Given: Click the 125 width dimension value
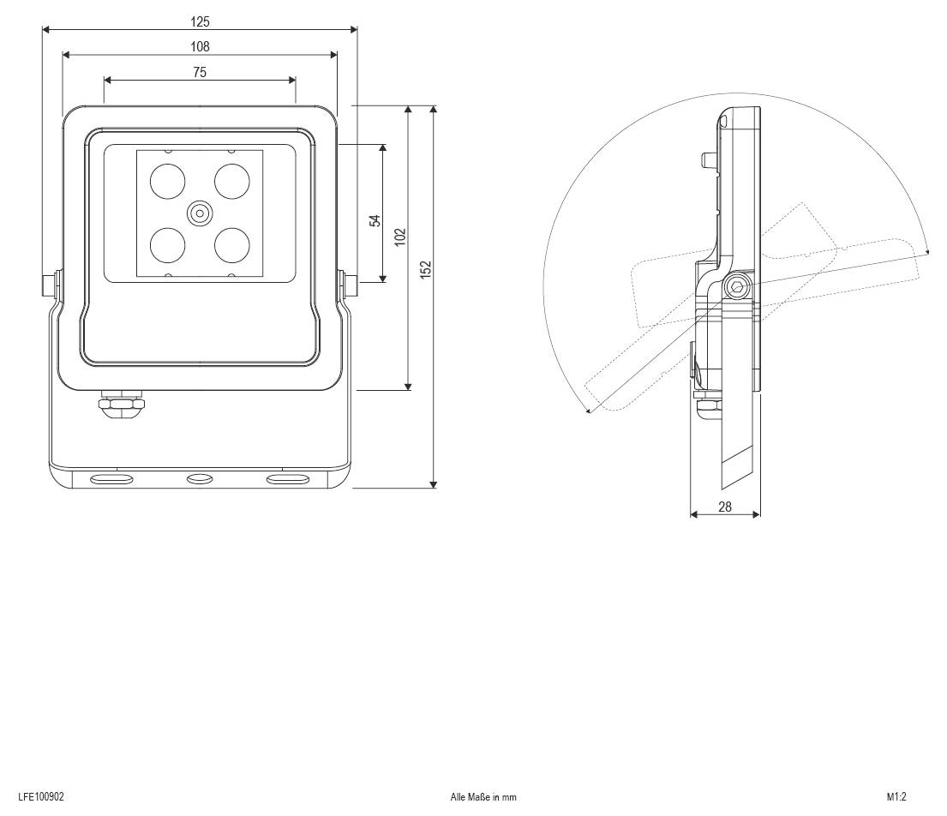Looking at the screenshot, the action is coord(200,21).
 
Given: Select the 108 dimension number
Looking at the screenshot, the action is coord(200,46).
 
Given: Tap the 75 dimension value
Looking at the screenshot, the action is coord(200,73).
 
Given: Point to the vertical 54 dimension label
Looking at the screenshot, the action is coord(375,220).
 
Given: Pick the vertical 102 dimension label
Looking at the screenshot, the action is coord(400,237).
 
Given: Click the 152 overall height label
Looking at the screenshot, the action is coord(426,269).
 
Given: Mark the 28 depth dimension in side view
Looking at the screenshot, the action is coord(725,507).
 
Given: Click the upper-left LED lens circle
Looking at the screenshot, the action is coord(167,181).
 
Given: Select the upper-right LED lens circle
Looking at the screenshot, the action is coord(232,181).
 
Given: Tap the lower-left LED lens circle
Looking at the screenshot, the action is coord(167,245).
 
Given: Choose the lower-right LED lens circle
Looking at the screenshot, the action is coord(232,245).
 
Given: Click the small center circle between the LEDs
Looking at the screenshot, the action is coord(200,213).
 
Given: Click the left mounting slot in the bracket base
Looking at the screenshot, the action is coord(111,480).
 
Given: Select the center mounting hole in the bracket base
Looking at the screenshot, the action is coord(200,480).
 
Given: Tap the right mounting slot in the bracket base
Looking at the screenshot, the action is coord(288,480).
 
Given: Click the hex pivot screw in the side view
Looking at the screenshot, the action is coord(737,287).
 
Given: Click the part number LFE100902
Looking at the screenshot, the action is coord(41,796).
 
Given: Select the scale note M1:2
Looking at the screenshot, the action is coord(897,796).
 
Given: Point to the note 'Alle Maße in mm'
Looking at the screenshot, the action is coord(483,797).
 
